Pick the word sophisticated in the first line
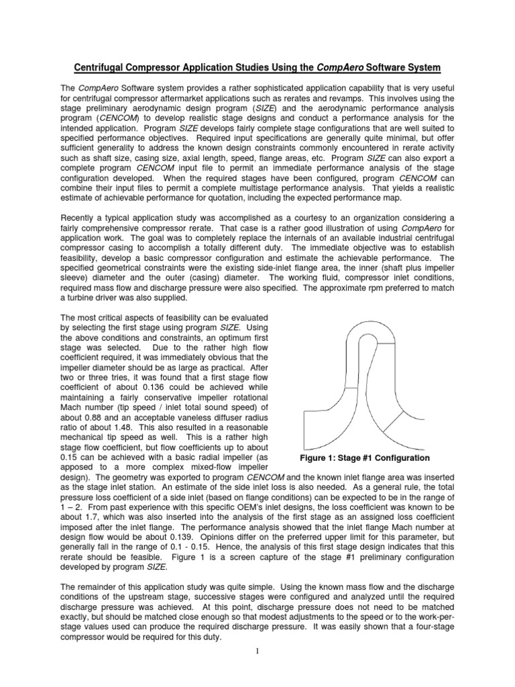click(253, 88)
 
